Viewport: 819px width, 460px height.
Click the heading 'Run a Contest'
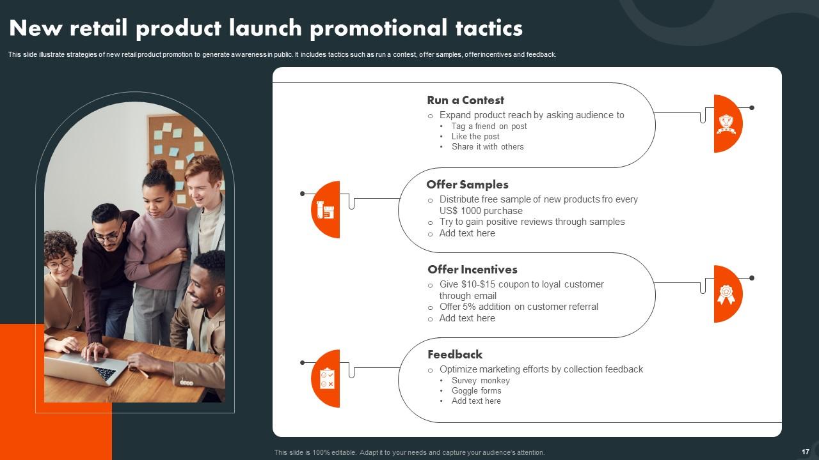(465, 100)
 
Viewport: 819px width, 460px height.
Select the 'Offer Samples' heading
(467, 185)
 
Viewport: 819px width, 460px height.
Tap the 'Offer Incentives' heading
(472, 270)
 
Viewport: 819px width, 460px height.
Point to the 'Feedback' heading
(455, 355)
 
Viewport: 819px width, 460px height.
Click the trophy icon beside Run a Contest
(726, 123)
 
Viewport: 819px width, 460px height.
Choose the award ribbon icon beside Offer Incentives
(726, 294)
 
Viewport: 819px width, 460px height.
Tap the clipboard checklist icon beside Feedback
(327, 378)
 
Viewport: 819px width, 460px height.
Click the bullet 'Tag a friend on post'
(489, 126)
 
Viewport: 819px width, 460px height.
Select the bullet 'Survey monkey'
(481, 381)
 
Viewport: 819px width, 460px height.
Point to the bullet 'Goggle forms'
(476, 391)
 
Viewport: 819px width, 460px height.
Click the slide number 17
(805, 452)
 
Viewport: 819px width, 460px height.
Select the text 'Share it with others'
(488, 147)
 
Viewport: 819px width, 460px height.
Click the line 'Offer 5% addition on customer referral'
(518, 307)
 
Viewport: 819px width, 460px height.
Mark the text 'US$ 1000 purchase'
(481, 211)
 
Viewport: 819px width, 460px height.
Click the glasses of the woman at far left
(60, 263)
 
